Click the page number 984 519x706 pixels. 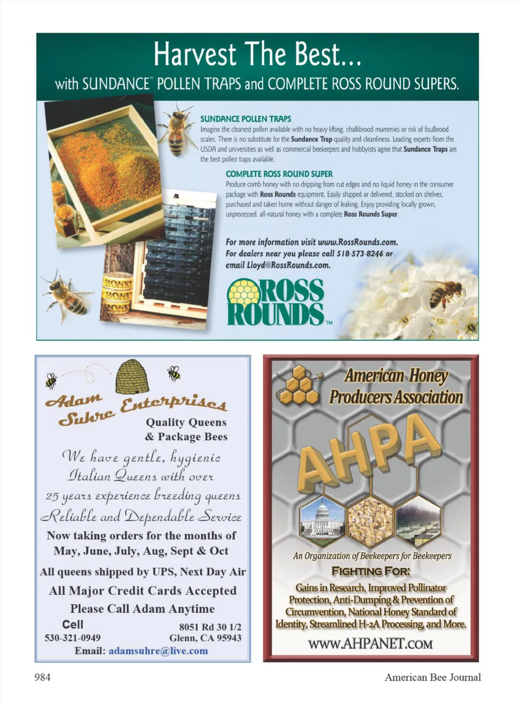tap(42, 677)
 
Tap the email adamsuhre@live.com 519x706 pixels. tap(158, 651)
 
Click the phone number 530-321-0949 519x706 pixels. tap(72, 638)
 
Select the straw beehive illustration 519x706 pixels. tap(132, 376)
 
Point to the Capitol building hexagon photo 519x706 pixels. tap(322, 520)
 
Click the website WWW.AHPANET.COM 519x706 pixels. tap(370, 644)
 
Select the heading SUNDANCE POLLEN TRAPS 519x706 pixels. tap(245, 119)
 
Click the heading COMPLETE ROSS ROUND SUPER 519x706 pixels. tap(279, 173)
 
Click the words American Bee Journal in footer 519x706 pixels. tap(432, 677)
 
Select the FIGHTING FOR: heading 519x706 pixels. tap(370, 571)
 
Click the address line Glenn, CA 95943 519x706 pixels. tap(205, 638)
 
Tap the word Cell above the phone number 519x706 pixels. tap(72, 624)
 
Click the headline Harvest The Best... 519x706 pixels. tap(257, 55)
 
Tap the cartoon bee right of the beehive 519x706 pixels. tap(174, 373)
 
